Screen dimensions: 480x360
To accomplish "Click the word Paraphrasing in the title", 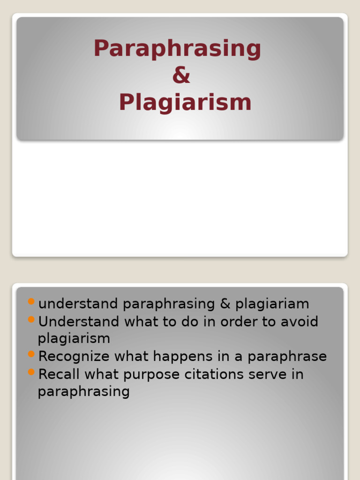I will [177, 49].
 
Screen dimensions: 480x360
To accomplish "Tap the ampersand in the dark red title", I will [181, 75].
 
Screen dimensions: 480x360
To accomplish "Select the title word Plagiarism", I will [185, 103].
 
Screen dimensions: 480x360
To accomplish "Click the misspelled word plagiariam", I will [272, 304].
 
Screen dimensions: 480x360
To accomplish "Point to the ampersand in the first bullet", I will [225, 304].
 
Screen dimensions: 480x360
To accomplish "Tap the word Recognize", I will [74, 357].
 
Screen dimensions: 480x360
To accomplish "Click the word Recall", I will [58, 375].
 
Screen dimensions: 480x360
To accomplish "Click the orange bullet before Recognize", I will [31, 354].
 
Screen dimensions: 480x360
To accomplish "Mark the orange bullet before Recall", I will [31, 372].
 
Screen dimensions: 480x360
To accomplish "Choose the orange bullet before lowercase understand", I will [31, 301].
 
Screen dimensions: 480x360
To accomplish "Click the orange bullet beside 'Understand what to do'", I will [31, 319].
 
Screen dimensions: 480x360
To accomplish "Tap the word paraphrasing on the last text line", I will [83, 392].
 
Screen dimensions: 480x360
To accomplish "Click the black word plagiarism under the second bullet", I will [74, 338].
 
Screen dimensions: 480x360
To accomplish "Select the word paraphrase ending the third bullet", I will [287, 357].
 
